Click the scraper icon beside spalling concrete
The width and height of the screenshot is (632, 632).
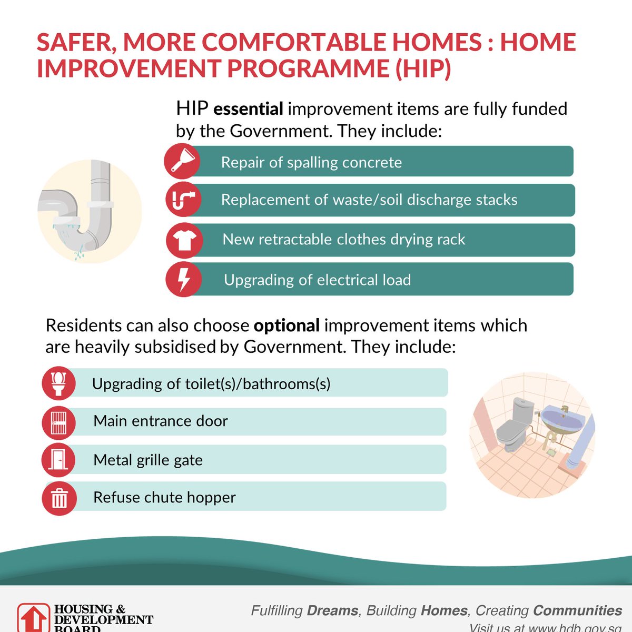click(x=182, y=161)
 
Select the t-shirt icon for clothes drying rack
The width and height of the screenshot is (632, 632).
click(x=184, y=240)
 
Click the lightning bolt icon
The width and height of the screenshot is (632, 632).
click(x=183, y=279)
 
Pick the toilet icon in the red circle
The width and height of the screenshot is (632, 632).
click(x=58, y=383)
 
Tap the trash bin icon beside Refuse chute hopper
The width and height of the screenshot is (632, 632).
click(x=59, y=498)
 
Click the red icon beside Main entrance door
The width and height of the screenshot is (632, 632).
click(x=58, y=422)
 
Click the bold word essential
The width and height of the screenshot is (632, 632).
click(x=248, y=109)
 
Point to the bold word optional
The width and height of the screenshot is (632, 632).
click(x=287, y=325)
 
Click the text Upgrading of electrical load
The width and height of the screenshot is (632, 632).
click(x=317, y=280)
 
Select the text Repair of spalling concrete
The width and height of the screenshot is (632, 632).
click(x=311, y=162)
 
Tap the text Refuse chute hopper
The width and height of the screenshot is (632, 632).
click(x=164, y=497)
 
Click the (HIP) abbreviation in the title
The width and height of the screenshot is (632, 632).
click(x=423, y=69)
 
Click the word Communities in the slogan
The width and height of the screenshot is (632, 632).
click(x=577, y=610)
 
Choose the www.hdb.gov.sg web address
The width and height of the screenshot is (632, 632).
click(x=574, y=627)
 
